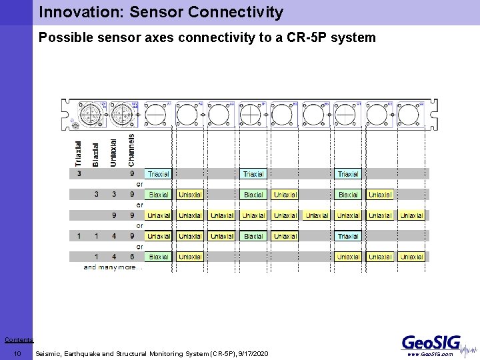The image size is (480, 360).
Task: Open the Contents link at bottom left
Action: click(18, 340)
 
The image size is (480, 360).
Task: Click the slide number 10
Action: click(18, 353)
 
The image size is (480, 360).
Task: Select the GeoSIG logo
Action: click(431, 343)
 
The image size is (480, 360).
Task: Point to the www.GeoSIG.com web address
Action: click(430, 355)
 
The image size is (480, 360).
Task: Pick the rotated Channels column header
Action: click(131, 150)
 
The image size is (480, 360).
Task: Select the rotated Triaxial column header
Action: click(79, 153)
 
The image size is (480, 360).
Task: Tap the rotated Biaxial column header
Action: click(96, 154)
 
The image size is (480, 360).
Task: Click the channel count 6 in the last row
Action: click(132, 257)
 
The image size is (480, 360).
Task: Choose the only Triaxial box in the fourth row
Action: click(348, 236)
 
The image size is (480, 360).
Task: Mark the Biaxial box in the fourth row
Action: click(253, 236)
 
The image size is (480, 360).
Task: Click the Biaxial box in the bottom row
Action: click(159, 257)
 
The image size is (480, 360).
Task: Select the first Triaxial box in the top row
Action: click(159, 174)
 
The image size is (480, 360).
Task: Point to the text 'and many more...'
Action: click(113, 267)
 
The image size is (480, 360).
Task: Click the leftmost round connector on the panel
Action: click(90, 113)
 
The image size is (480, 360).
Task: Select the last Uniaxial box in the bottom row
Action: click(411, 257)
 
